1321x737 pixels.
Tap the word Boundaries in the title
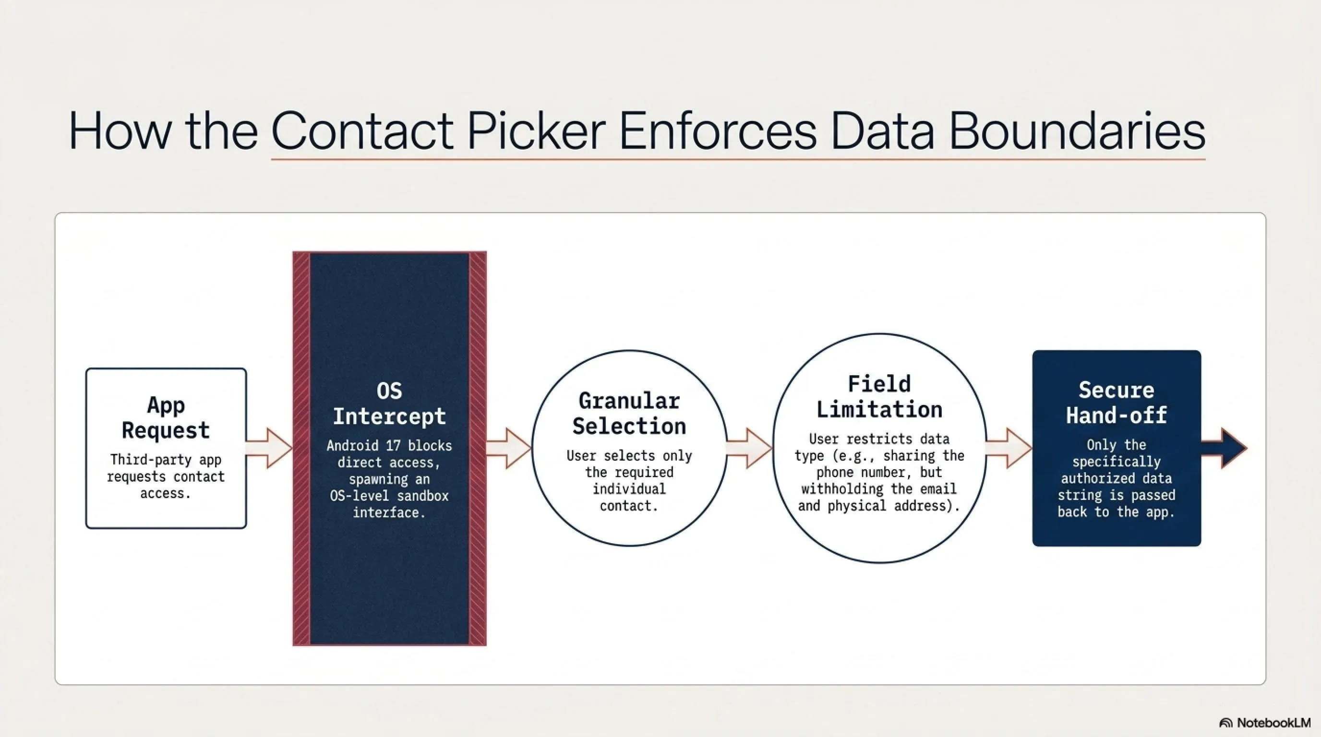click(x=1076, y=131)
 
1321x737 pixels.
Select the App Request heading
click(x=166, y=418)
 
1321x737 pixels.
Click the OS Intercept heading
click(x=389, y=404)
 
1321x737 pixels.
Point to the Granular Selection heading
click(x=629, y=414)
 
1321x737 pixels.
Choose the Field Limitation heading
click(x=879, y=397)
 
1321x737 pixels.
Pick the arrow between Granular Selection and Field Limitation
click(x=749, y=449)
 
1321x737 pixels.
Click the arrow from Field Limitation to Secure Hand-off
click(x=1009, y=449)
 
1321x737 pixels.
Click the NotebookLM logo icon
click(x=1225, y=723)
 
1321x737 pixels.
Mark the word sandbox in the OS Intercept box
click(x=422, y=496)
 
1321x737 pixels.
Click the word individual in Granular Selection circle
click(x=629, y=489)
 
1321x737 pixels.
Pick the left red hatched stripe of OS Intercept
click(x=301, y=449)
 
